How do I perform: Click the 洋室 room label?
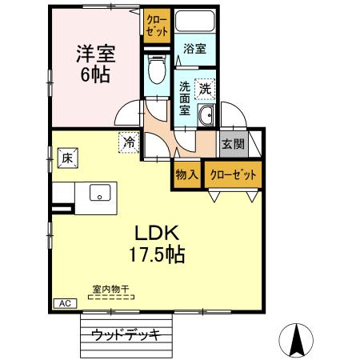tap(96, 55)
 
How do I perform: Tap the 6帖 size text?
tap(95, 76)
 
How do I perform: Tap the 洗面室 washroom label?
tap(185, 98)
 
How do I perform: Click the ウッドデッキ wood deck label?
tap(126, 334)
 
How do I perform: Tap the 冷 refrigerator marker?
tap(129, 142)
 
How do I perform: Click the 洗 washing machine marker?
tap(206, 87)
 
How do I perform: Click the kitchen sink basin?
tap(99, 192)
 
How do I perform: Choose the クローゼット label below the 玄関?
tap(232, 174)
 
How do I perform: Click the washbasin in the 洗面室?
tap(206, 114)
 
